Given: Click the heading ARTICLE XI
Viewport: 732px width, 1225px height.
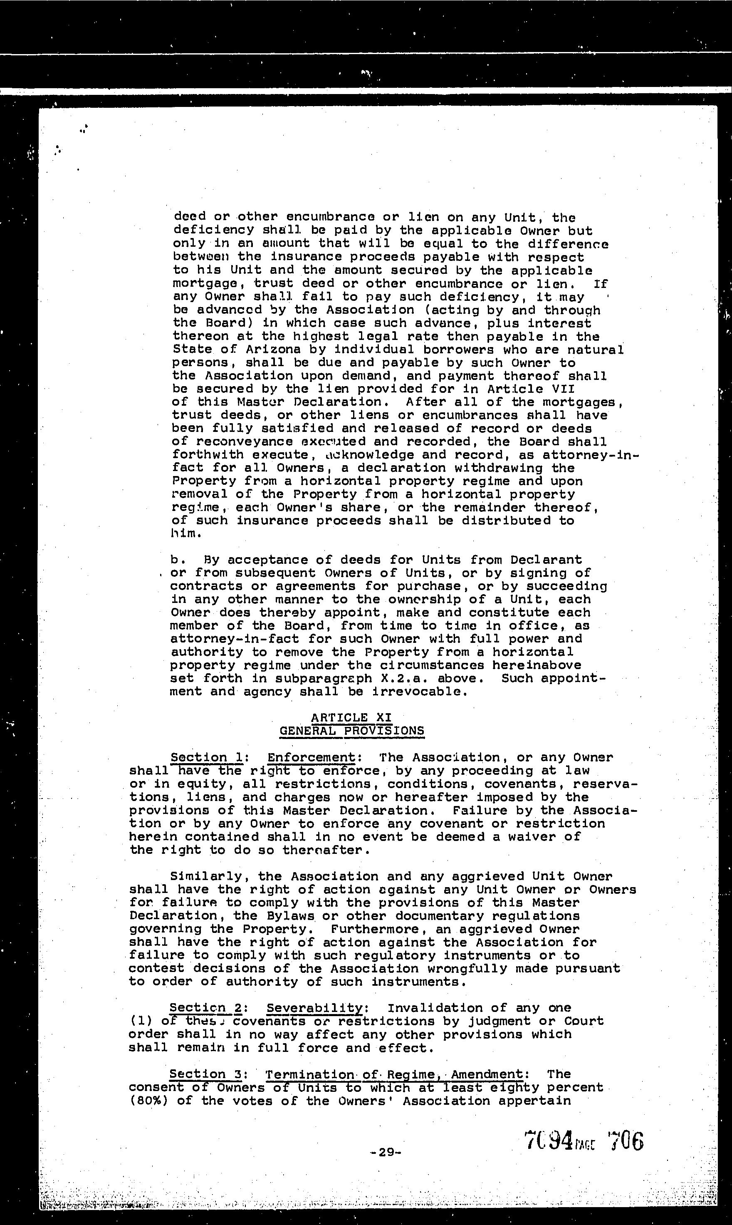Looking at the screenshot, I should tap(351, 717).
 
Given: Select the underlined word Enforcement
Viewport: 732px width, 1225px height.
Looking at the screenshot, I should tap(311, 757).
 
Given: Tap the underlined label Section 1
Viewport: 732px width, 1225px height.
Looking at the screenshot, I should tap(199, 757).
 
